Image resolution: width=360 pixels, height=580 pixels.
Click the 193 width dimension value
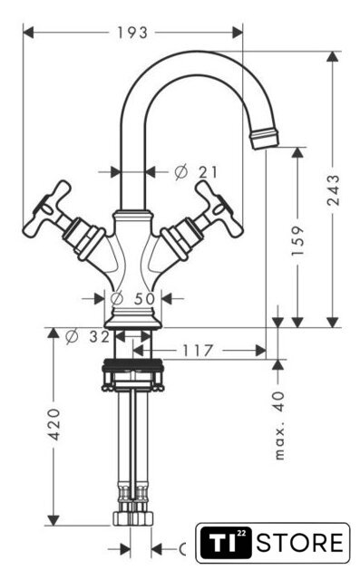(132, 33)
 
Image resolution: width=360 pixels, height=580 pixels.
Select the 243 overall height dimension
(333, 190)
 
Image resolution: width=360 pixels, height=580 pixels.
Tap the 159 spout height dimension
(297, 241)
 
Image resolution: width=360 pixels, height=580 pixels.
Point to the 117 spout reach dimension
(198, 351)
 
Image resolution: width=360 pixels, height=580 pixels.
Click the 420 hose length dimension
(54, 424)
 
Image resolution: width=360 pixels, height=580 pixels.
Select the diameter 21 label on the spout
(196, 172)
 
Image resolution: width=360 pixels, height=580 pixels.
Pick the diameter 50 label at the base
(132, 298)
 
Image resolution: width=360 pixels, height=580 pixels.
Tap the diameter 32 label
(87, 336)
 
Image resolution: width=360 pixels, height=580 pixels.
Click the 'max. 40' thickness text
(279, 425)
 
